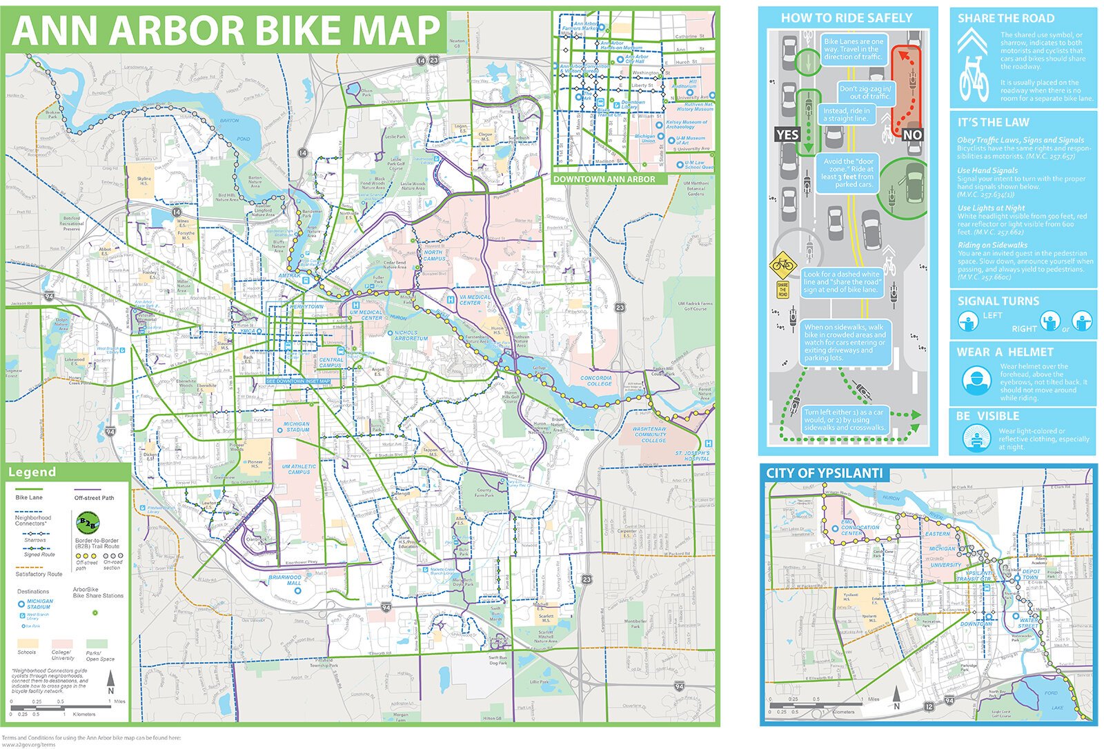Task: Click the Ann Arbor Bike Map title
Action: click(x=226, y=30)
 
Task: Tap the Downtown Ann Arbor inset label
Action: click(x=604, y=179)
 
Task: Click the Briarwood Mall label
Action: click(x=285, y=580)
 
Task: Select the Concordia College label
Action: click(x=595, y=381)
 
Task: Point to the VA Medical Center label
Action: click(x=474, y=300)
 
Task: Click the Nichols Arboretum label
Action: click(x=411, y=336)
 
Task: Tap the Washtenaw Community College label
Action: click(x=649, y=434)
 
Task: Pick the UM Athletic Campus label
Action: click(x=299, y=469)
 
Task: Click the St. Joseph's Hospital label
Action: click(x=692, y=456)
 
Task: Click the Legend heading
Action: click(x=31, y=472)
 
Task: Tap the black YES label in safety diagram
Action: click(x=787, y=134)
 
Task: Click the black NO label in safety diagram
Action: click(x=912, y=134)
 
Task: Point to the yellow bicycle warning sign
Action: click(x=782, y=264)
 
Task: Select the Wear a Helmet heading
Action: click(x=1005, y=352)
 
